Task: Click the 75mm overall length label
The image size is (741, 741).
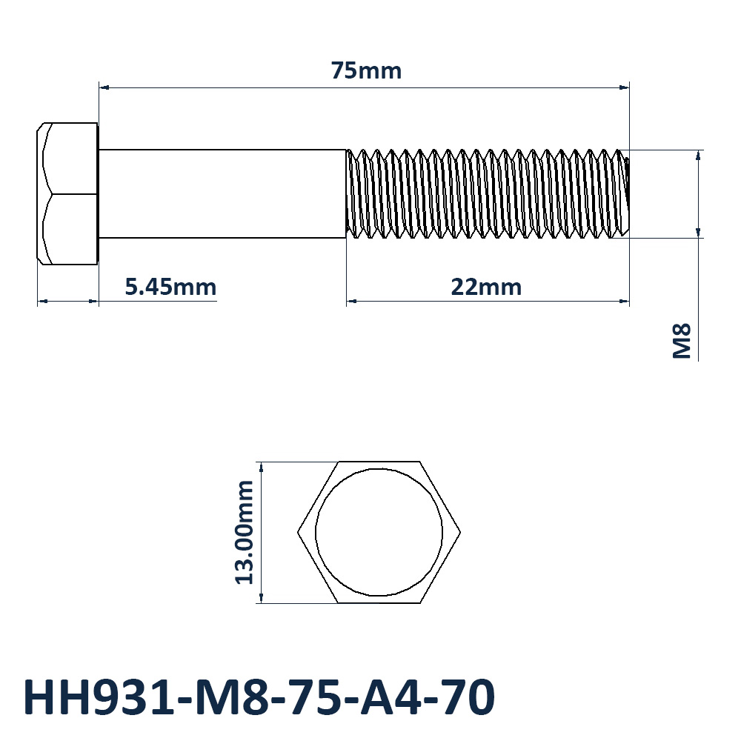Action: coord(366,71)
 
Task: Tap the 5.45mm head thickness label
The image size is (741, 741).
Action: coord(170,287)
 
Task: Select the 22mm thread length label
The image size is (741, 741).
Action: coord(486,287)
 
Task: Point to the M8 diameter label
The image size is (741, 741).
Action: coord(682,341)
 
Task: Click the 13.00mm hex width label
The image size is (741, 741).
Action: coord(245,533)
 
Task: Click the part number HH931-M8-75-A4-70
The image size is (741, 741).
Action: coord(259,697)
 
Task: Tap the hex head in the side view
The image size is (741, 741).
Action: coord(67,193)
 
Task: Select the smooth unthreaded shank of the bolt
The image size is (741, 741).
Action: coord(222,193)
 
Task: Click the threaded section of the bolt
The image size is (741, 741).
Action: coord(488,193)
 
